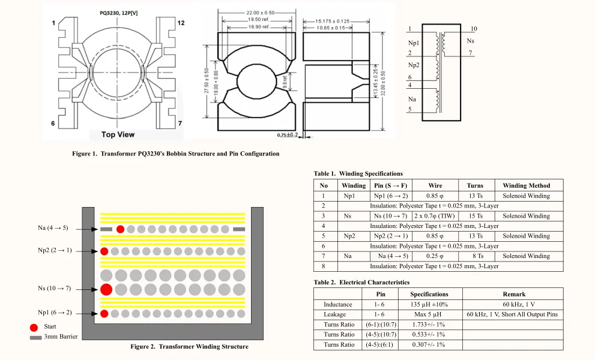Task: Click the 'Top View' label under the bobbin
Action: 118,134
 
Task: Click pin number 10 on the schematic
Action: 474,29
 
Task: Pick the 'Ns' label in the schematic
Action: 470,41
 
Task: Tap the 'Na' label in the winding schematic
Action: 412,98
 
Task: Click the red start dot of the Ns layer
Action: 106,290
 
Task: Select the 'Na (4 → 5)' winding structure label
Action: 52,228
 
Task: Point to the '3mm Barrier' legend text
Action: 61,337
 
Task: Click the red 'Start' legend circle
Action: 34,327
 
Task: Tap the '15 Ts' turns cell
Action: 475,216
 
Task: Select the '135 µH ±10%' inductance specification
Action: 429,304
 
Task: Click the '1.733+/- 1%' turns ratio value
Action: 429,325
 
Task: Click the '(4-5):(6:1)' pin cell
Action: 380,344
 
